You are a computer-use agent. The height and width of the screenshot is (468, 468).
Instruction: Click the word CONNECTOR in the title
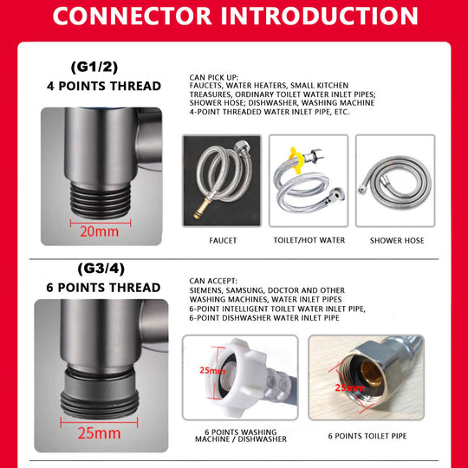[133, 16]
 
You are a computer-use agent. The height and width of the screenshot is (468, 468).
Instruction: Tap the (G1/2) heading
[94, 67]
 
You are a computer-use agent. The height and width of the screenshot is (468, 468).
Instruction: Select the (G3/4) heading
[101, 269]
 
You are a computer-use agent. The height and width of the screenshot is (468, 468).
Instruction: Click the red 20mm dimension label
[100, 231]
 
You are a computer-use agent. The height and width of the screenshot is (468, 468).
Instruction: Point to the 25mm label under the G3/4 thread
[100, 433]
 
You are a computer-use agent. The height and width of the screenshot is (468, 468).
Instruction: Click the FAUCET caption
[223, 241]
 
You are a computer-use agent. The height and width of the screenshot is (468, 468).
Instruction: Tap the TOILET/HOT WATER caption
[309, 240]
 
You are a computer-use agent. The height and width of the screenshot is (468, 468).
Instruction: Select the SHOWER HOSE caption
[397, 241]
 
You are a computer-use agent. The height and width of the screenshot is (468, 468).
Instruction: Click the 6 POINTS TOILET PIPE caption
[367, 436]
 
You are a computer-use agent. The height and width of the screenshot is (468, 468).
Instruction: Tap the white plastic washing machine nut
[239, 377]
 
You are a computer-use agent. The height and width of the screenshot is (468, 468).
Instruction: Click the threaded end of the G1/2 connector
[101, 200]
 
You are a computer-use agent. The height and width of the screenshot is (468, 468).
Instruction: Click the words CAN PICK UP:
[214, 77]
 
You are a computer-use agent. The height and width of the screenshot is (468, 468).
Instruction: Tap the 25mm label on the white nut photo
[212, 371]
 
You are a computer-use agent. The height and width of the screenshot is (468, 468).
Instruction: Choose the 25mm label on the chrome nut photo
[349, 388]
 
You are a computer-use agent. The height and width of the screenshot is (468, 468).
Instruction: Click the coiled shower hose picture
[395, 182]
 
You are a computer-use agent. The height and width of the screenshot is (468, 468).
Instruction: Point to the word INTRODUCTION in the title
[319, 16]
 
